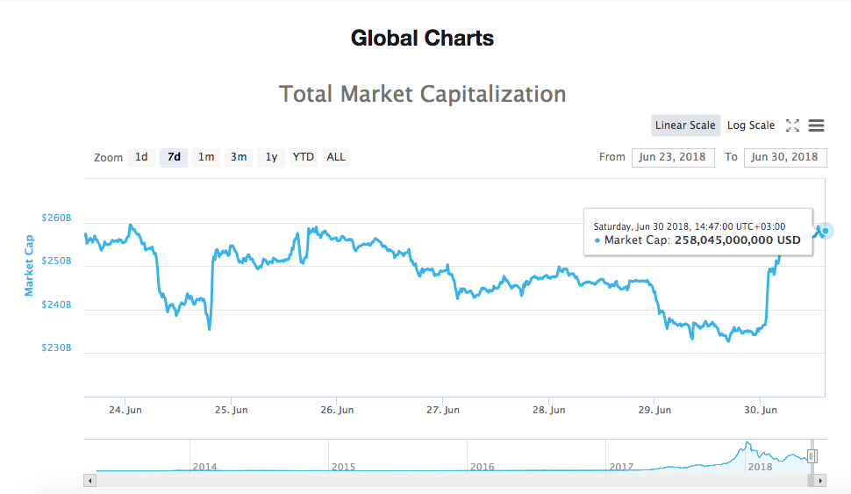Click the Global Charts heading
422,39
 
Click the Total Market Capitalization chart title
422,94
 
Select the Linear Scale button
685,125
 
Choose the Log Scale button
750,125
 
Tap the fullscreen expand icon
792,125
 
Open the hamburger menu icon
816,125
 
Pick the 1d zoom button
141,157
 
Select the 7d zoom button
174,157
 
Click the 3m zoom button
239,157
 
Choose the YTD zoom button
304,157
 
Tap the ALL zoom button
336,157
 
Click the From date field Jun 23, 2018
672,157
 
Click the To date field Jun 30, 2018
784,157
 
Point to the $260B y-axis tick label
56,218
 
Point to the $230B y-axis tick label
56,347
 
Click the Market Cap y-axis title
29,265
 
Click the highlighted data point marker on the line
825,231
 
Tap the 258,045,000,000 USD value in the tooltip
737,240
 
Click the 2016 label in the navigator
483,467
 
